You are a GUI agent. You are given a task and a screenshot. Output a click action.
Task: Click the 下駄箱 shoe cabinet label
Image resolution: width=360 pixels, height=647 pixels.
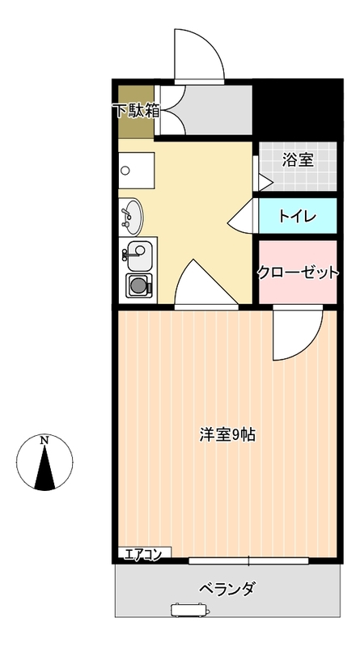pos(137,111)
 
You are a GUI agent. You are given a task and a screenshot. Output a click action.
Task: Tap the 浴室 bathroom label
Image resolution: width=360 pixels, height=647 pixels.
pos(298,159)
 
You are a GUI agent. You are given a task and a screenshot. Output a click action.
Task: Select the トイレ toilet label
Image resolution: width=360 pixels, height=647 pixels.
pos(297,216)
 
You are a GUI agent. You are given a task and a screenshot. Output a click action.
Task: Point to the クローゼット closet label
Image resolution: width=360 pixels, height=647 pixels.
pos(298,273)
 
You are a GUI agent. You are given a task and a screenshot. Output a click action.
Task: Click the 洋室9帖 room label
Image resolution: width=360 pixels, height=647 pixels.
pos(227,435)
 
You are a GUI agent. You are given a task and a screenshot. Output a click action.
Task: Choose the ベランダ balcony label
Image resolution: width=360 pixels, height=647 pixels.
pos(227,588)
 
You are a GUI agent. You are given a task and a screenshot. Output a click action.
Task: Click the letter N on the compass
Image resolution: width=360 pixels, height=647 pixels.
pos(44,440)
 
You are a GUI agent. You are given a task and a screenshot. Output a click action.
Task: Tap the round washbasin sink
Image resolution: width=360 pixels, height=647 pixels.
pos(131,216)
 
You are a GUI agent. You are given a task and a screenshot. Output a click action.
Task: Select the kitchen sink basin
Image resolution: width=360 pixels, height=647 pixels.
pos(139,256)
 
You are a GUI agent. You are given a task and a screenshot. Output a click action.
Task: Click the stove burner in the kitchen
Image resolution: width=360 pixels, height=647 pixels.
pos(138,285)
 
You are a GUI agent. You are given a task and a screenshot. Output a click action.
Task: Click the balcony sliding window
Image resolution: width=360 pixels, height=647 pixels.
pos(248,560)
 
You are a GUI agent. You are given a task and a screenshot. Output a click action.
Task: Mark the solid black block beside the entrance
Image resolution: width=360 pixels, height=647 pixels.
pos(298,109)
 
